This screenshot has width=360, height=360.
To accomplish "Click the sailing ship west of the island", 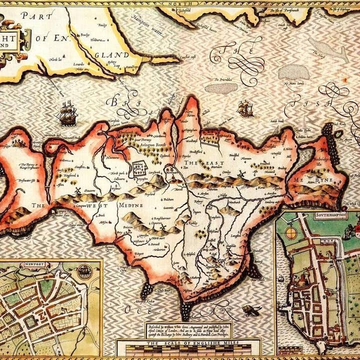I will (67, 114).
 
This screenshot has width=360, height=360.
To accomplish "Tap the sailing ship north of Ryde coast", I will (245, 108).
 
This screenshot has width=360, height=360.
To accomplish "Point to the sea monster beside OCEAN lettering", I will (250, 310).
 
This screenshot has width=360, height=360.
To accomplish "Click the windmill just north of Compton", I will (77, 190).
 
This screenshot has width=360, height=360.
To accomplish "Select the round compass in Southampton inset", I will (291, 232).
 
